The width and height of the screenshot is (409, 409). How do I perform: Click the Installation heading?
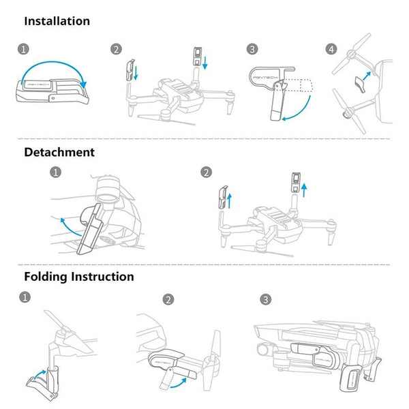click(x=57, y=20)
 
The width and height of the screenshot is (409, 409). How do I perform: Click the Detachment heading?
click(x=59, y=152)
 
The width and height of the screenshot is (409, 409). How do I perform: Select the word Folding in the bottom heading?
click(x=49, y=277)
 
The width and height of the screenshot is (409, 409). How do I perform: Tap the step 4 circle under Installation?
click(x=331, y=49)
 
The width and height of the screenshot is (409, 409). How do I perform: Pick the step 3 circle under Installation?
click(x=253, y=49)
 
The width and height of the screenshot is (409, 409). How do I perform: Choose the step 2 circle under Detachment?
click(x=206, y=172)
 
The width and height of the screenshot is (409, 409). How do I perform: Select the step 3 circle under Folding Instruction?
click(x=265, y=299)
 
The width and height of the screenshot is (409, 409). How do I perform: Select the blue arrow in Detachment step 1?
click(x=66, y=225)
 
